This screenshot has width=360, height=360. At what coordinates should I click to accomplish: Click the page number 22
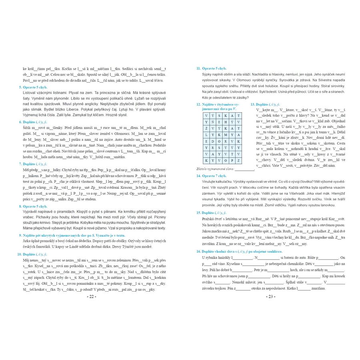[91, 296]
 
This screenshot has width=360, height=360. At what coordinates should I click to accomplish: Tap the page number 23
[270, 296]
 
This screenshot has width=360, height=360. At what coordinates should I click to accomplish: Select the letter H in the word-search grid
[226, 122]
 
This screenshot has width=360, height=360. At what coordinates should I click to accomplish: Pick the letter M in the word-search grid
[226, 135]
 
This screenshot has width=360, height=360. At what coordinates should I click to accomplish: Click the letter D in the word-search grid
[212, 141]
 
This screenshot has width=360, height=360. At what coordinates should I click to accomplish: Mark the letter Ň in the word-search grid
[212, 122]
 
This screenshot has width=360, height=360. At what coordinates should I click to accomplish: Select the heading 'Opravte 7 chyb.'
[214, 176]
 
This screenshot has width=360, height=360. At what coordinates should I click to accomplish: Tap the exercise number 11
[198, 68]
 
